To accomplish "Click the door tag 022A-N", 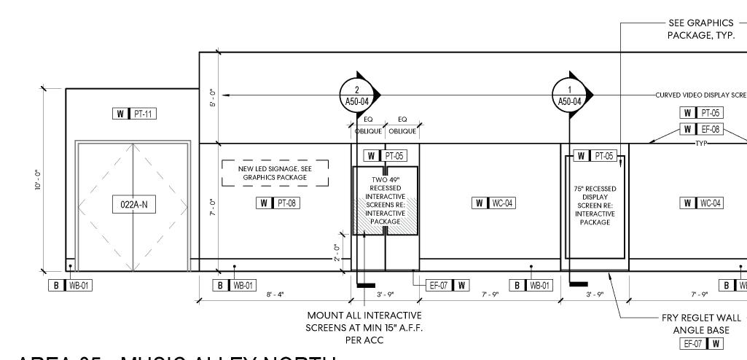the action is pyautogui.click(x=133, y=205).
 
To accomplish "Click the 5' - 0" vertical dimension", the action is pyautogui.click(x=212, y=97).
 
